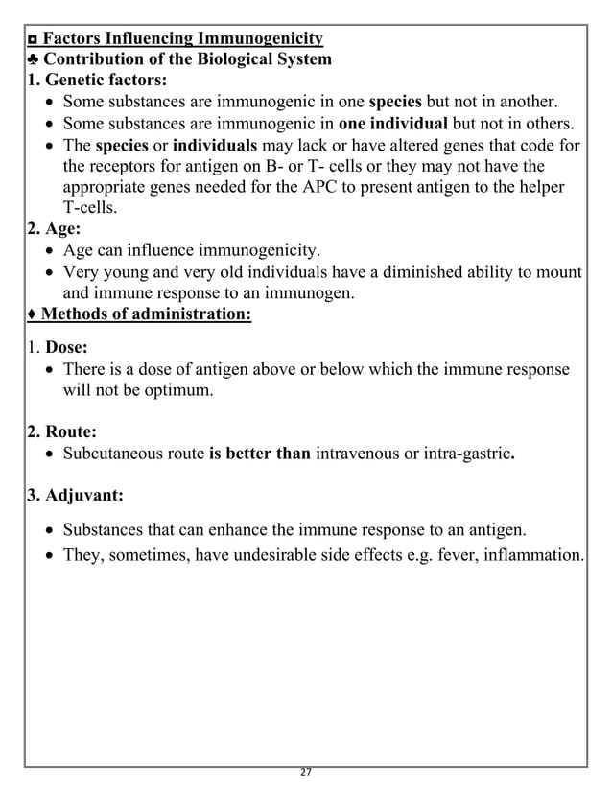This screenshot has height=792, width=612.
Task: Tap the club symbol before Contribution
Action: click(34, 59)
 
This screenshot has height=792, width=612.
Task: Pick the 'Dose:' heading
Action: click(67, 348)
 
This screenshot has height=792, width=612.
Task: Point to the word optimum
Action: click(171, 390)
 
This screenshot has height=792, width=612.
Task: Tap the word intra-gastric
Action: click(467, 454)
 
